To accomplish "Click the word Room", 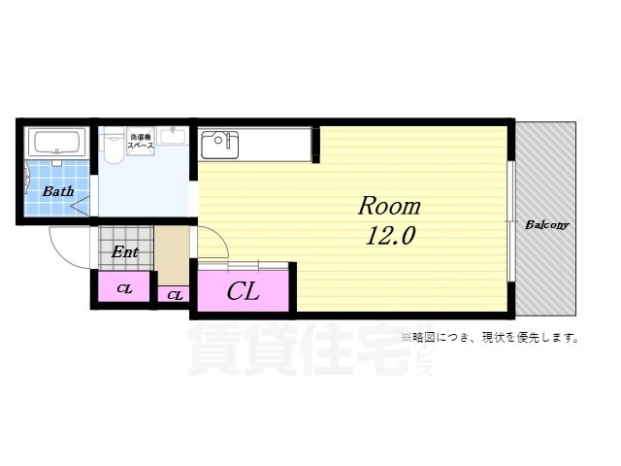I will pyautogui.click(x=389, y=206).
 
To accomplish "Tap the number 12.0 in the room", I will pyautogui.click(x=390, y=236).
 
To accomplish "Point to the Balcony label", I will pyautogui.click(x=546, y=225).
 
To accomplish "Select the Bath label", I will pyautogui.click(x=57, y=191).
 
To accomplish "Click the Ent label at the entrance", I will pyautogui.click(x=124, y=252).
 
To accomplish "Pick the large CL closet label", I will pyautogui.click(x=243, y=290).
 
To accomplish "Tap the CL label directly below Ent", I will pyautogui.click(x=124, y=288).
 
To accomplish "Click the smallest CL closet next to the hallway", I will pyautogui.click(x=174, y=294).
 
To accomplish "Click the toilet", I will pyautogui.click(x=113, y=147).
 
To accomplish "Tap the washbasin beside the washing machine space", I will pyautogui.click(x=174, y=135).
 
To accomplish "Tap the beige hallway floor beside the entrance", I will pyautogui.click(x=173, y=254).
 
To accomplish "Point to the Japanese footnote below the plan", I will pyautogui.click(x=490, y=338).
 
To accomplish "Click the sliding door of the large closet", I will pyautogui.click(x=244, y=264).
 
